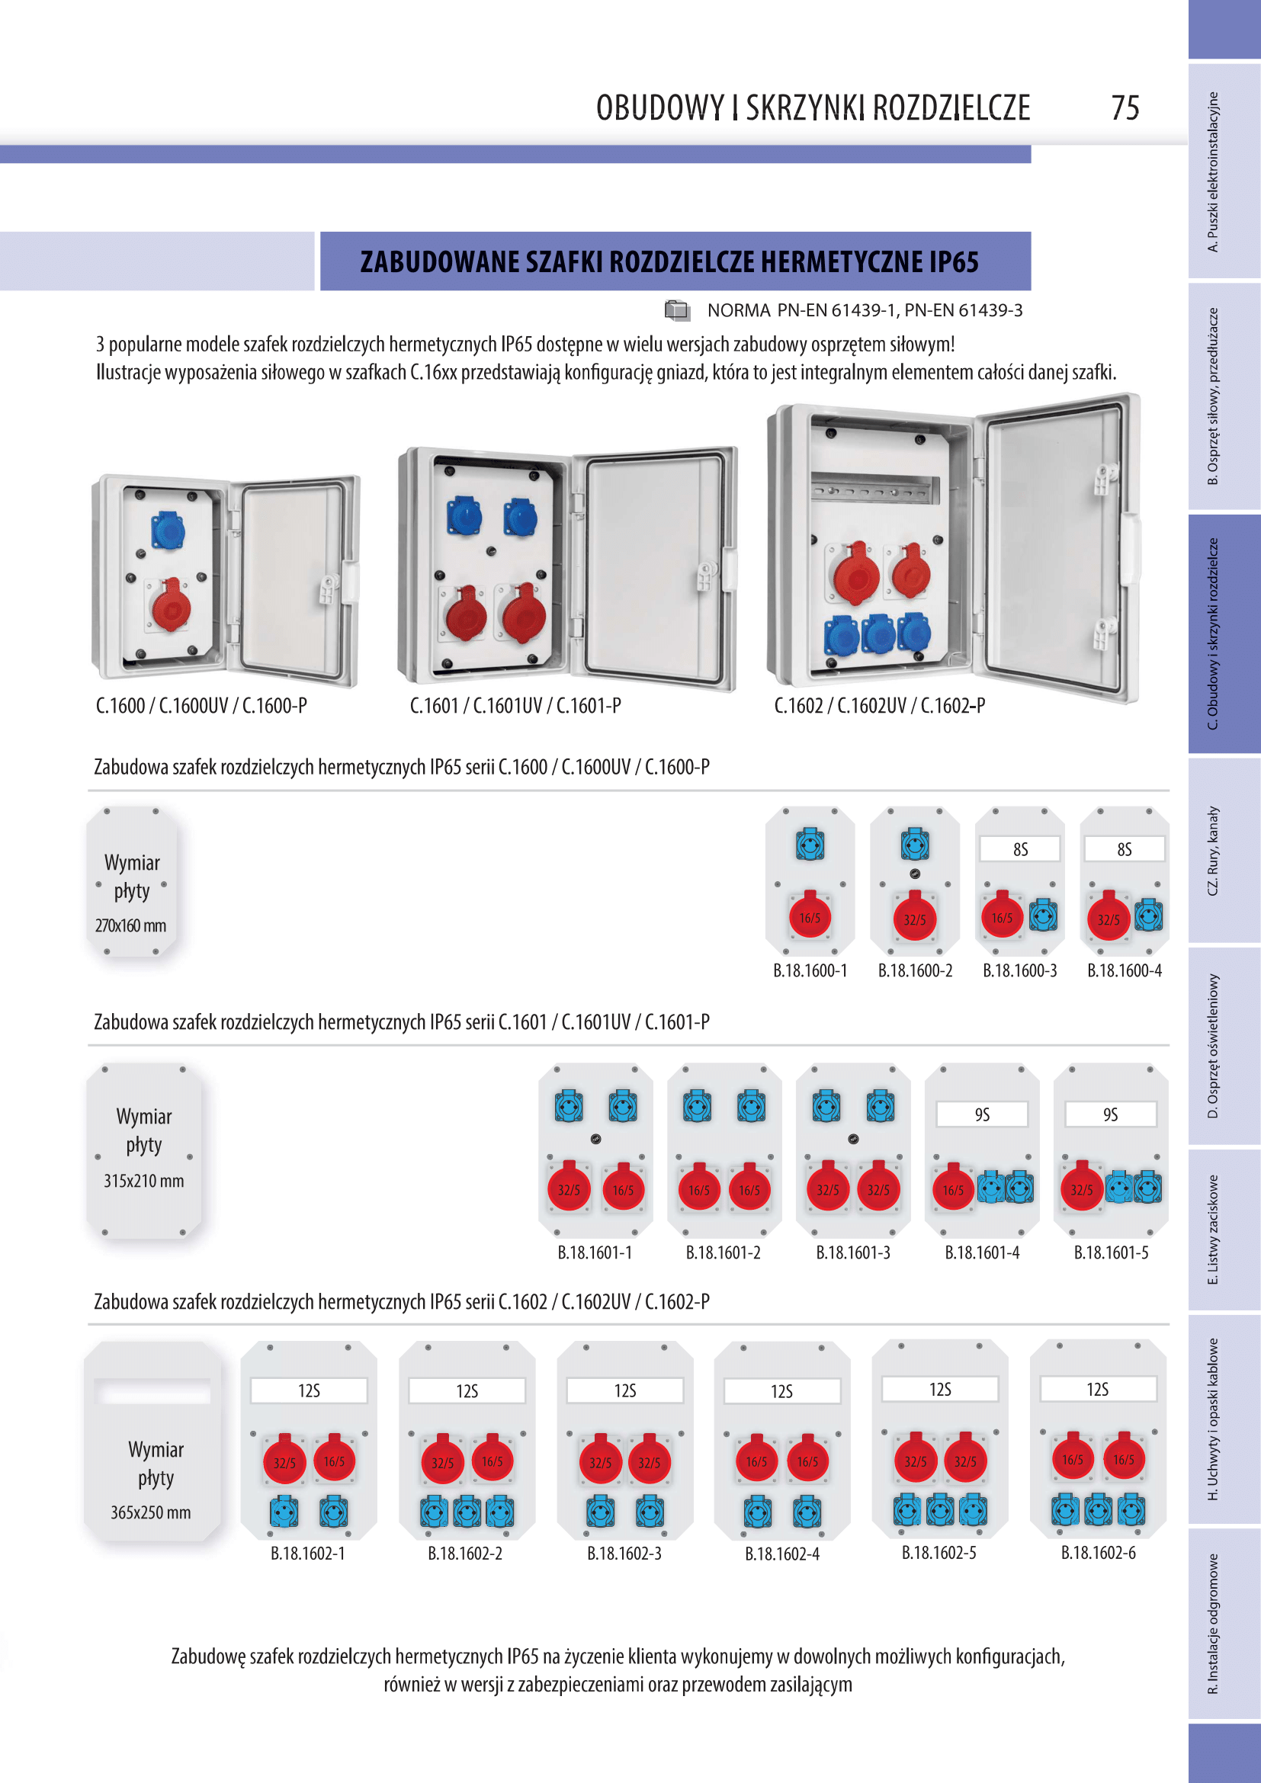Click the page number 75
[1125, 108]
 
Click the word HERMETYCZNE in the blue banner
[842, 262]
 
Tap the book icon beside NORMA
[677, 310]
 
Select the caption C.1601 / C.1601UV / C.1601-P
[515, 706]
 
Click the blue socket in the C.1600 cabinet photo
[167, 531]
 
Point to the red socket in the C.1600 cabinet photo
[171, 607]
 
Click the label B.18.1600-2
[915, 970]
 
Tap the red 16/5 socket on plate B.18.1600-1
[809, 917]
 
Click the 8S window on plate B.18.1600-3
[1019, 849]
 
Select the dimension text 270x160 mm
[130, 925]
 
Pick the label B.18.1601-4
[981, 1252]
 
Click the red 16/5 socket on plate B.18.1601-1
[623, 1189]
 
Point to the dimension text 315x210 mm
[143, 1181]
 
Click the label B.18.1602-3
[624, 1553]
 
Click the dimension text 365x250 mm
[150, 1512]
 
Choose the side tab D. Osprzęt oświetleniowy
[1213, 1045]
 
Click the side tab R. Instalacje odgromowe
[1213, 1623]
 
